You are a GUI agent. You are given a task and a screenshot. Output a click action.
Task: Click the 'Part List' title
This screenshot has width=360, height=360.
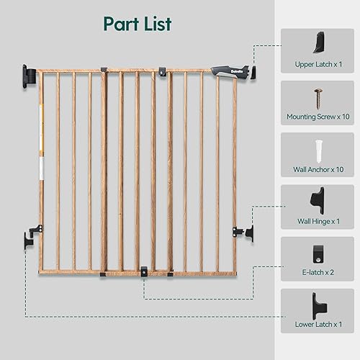point(137,24)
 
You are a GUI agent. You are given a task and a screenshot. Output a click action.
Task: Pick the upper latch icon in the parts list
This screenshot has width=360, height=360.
point(318,45)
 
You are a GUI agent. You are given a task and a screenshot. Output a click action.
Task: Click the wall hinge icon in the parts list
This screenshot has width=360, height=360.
point(318,200)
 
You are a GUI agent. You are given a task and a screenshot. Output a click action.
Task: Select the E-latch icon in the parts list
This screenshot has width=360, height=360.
point(318,253)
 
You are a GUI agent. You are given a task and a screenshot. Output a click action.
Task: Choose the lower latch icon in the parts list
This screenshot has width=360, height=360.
point(318,305)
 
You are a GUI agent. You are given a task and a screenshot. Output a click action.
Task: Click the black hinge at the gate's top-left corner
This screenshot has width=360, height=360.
point(29,74)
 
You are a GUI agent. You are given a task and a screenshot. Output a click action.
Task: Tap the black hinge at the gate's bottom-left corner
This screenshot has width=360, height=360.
point(30,241)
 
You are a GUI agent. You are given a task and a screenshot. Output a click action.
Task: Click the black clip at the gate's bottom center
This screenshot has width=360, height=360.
point(145,271)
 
